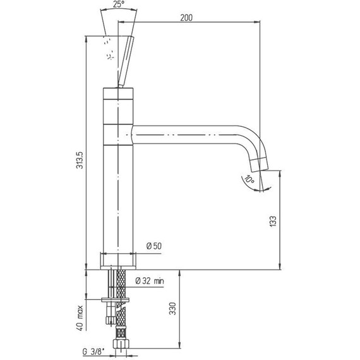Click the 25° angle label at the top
pyautogui.click(x=119, y=4)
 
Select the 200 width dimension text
pyautogui.click(x=186, y=18)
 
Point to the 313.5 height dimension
pyautogui.click(x=80, y=160)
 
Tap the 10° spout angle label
pyautogui.click(x=249, y=179)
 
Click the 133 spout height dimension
pyautogui.click(x=273, y=221)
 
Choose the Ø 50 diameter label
pyautogui.click(x=154, y=246)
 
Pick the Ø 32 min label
pyautogui.click(x=150, y=280)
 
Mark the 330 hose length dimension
pyautogui.click(x=172, y=309)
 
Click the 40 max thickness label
pyautogui.click(x=80, y=318)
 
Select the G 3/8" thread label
pyautogui.click(x=93, y=352)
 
